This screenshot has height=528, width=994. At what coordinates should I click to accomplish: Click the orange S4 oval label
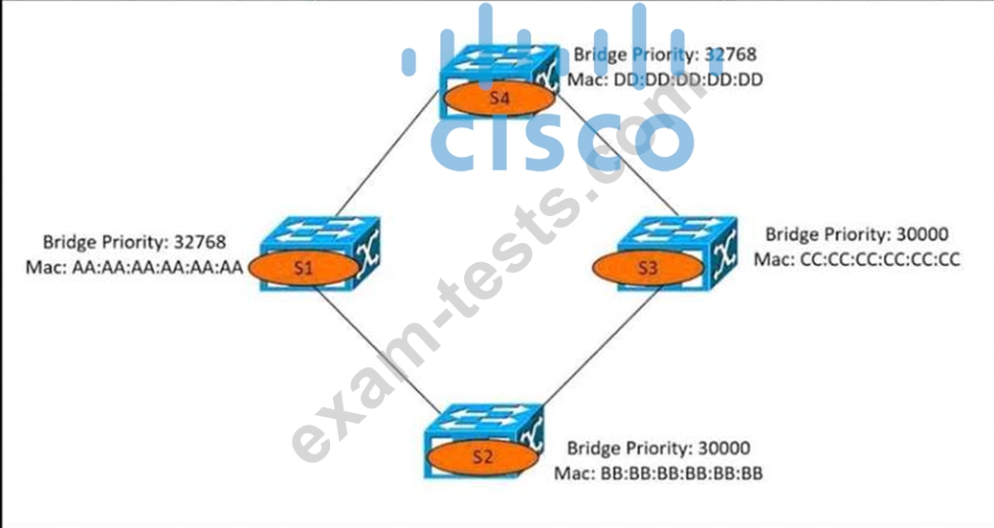(x=499, y=99)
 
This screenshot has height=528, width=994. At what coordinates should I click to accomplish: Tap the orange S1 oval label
(x=304, y=268)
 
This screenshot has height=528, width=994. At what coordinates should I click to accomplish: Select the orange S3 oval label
(x=648, y=268)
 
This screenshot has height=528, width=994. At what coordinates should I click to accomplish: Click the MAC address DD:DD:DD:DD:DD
(x=689, y=79)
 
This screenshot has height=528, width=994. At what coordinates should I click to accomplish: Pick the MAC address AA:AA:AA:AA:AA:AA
(x=157, y=268)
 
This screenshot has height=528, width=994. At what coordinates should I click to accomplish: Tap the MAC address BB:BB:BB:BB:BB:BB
(x=681, y=473)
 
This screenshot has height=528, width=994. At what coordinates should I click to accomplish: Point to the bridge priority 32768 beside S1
(x=200, y=241)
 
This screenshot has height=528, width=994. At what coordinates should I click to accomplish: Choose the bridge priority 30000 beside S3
(x=922, y=234)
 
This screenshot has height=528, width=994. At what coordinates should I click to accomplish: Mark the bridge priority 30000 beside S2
(x=724, y=449)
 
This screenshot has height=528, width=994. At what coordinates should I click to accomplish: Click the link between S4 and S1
(x=387, y=153)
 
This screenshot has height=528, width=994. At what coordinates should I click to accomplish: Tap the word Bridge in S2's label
(x=593, y=449)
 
